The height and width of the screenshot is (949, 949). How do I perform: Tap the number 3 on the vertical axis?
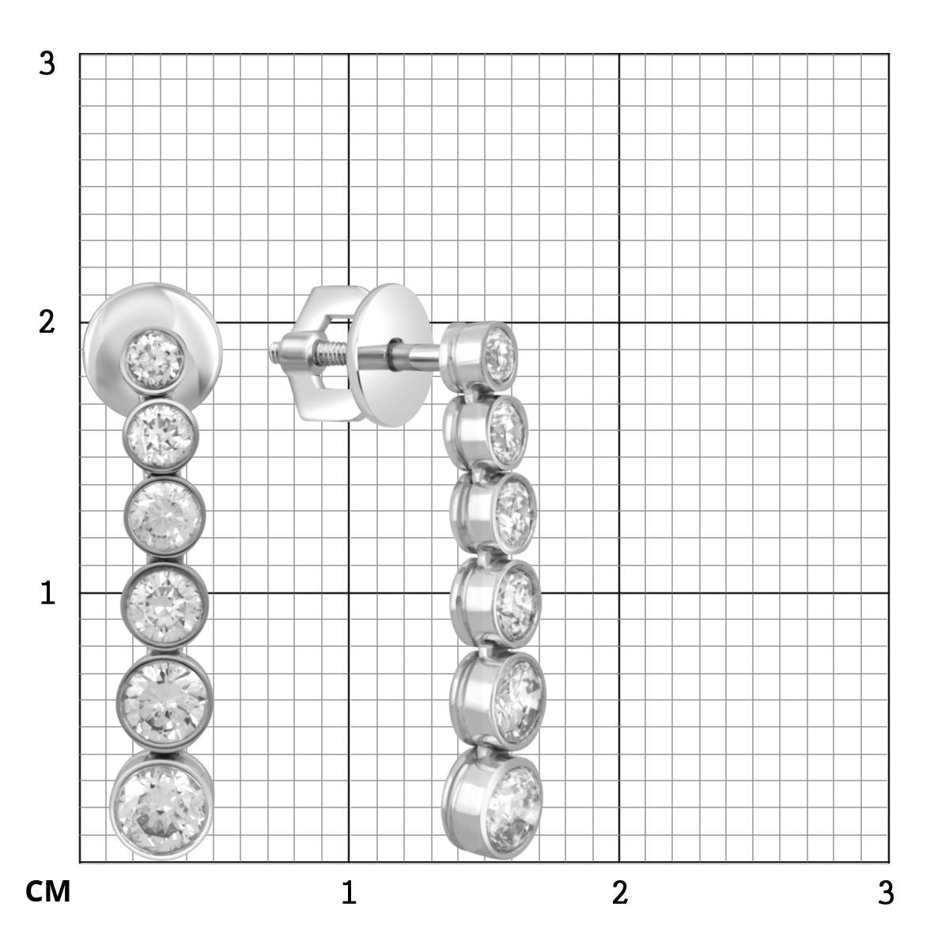(x=47, y=64)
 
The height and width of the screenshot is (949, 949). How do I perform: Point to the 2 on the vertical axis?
(x=47, y=323)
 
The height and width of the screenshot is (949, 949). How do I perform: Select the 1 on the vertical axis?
(x=47, y=593)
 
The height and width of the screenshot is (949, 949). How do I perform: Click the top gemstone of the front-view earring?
(x=153, y=359)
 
